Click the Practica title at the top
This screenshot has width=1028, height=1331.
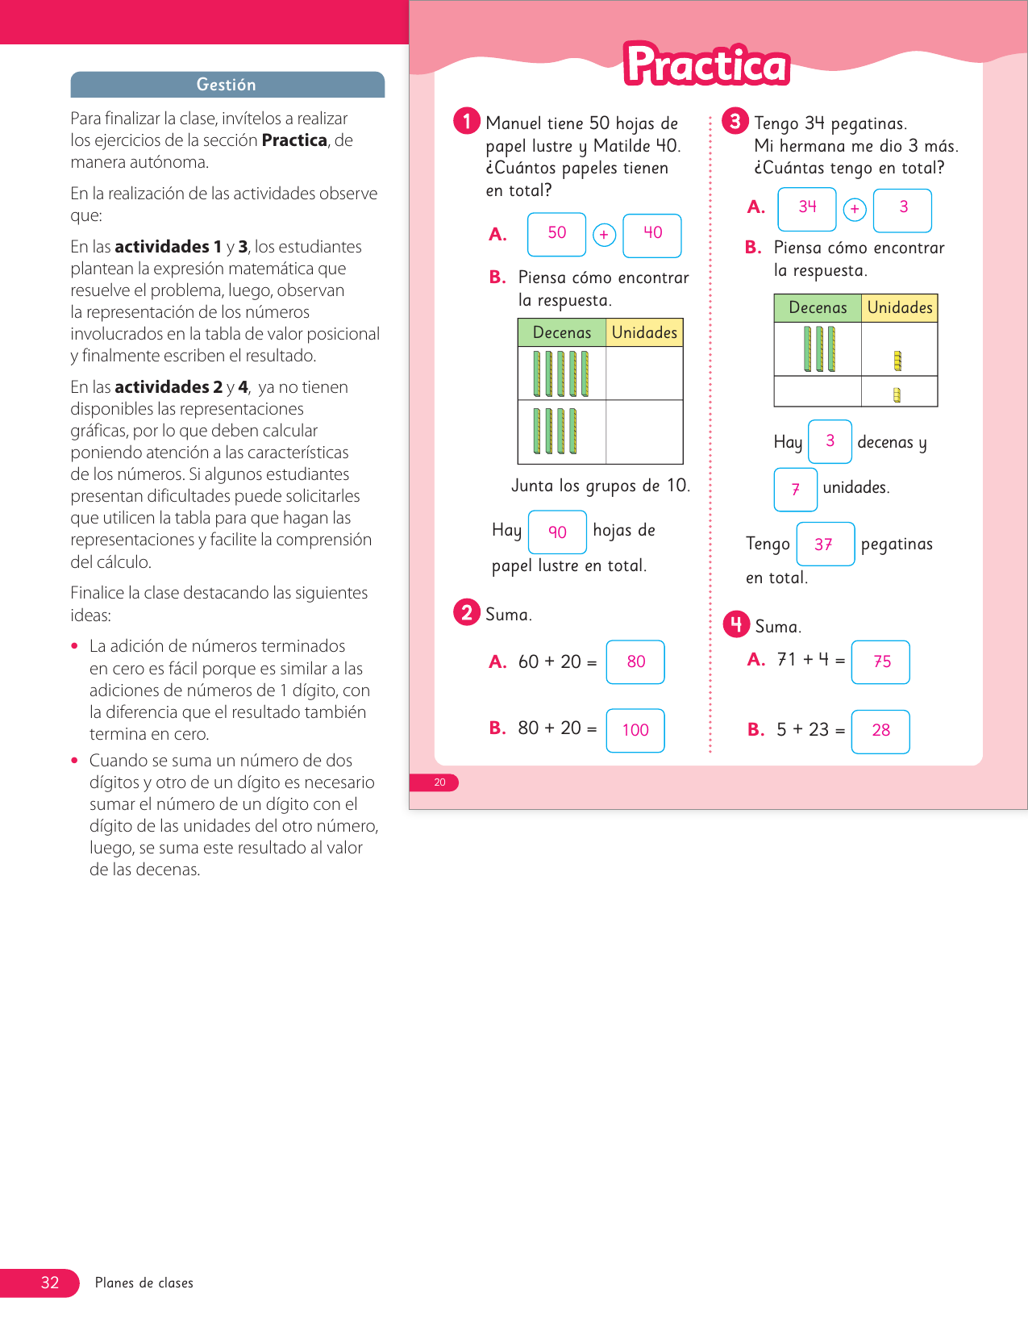[x=707, y=65]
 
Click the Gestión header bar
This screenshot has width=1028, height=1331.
[x=227, y=85]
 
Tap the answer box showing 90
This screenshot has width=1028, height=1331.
[x=557, y=532]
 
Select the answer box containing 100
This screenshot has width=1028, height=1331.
[x=635, y=730]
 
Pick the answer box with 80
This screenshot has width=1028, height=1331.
[x=635, y=661]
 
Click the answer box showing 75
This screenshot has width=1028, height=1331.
[x=880, y=661]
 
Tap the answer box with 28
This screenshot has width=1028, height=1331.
[x=880, y=731]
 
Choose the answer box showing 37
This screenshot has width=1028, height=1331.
[x=825, y=544]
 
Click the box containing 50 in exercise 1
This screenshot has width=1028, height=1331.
[x=556, y=234]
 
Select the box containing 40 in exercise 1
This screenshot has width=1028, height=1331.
[x=652, y=234]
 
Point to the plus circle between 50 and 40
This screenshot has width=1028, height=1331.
[x=604, y=235]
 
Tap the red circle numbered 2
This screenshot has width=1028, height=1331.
[x=467, y=612]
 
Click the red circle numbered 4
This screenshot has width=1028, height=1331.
[x=736, y=624]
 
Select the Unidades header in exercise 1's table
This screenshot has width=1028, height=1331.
[x=644, y=332]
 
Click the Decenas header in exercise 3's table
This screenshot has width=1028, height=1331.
[x=818, y=307]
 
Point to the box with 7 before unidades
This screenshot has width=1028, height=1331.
[x=796, y=489]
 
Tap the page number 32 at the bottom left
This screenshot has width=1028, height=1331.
[x=50, y=1283]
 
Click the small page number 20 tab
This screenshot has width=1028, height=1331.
[x=439, y=782]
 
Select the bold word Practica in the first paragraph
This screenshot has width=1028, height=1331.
[x=294, y=140]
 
